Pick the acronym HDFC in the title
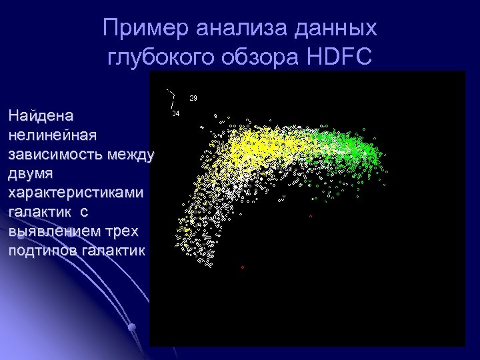(338, 58)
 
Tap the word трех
(123, 231)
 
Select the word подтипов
(41, 251)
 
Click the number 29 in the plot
(193, 98)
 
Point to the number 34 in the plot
(175, 113)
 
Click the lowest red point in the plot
(243, 267)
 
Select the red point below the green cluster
(311, 217)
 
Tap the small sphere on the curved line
(132, 327)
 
